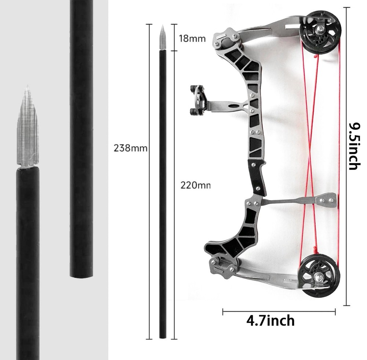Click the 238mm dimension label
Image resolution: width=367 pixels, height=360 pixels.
click(x=131, y=148)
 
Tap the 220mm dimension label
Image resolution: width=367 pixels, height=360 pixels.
click(x=195, y=185)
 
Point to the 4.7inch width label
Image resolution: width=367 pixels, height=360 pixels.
click(x=270, y=321)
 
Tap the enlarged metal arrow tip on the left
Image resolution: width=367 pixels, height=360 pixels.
click(x=27, y=129)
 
